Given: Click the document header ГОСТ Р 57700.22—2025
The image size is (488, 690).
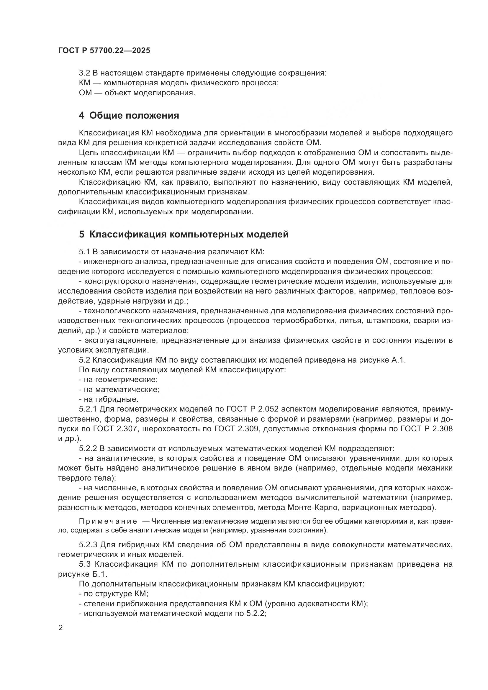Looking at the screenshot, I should (104, 51).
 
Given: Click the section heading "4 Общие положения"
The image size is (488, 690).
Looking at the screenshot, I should (129, 115).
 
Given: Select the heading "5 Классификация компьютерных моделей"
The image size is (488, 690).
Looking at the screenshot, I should (184, 234).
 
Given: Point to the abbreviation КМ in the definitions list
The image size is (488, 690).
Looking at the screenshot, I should (84, 83).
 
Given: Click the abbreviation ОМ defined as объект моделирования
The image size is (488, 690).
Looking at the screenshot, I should (85, 93).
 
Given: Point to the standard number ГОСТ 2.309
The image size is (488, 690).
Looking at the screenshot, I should (238, 429).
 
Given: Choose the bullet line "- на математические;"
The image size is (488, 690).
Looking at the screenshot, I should (119, 389).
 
